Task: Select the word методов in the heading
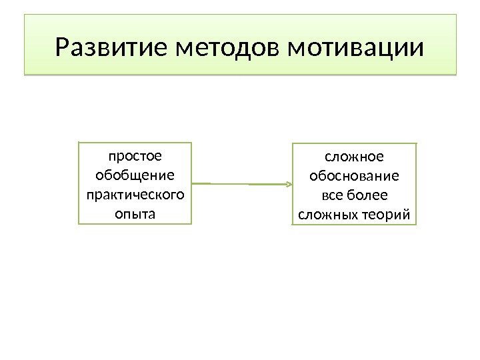click(x=227, y=48)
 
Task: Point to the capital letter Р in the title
click(x=64, y=48)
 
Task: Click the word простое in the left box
click(x=135, y=157)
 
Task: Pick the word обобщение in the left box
click(x=135, y=176)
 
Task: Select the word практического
click(x=135, y=195)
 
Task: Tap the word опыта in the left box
click(x=135, y=215)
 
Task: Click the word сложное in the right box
click(x=354, y=157)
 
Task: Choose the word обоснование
click(x=354, y=177)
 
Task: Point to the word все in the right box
click(x=332, y=196)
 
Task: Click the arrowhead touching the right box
click(x=289, y=184)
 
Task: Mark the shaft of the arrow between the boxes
click(x=240, y=183)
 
